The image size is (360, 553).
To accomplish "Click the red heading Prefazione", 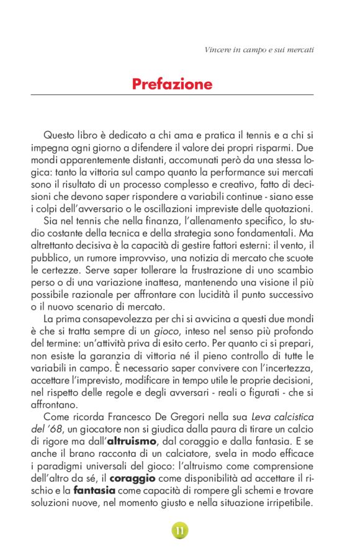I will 172,84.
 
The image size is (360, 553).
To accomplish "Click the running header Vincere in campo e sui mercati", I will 259,48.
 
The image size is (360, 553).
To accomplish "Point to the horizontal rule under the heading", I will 172,95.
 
